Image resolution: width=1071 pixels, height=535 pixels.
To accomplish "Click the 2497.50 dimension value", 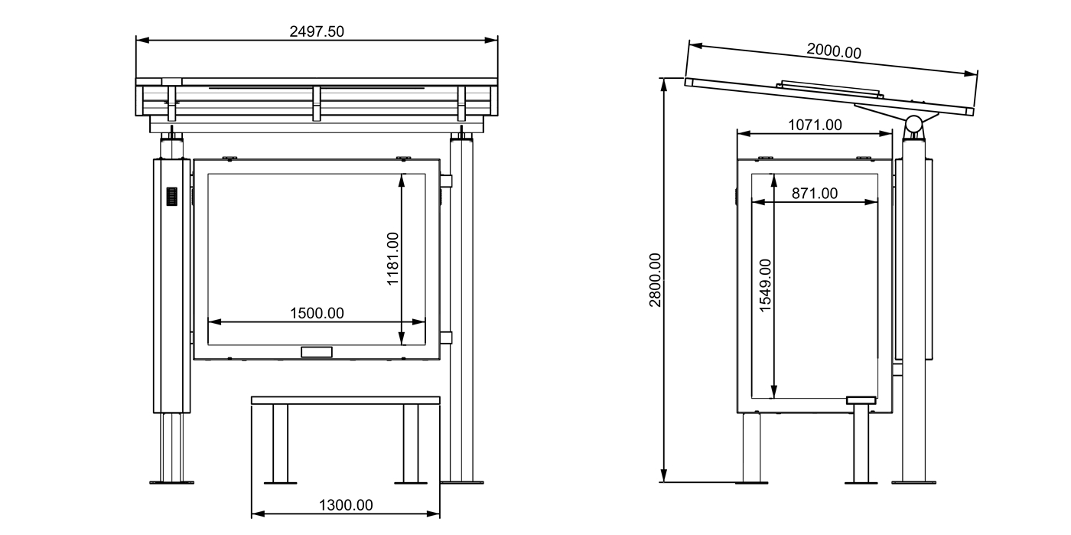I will pos(317,31).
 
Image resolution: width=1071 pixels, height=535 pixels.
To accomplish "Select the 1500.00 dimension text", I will pos(317,312).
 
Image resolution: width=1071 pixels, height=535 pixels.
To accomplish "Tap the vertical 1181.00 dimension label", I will pos(393,259).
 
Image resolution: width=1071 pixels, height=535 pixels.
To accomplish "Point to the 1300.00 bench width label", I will pos(346,504).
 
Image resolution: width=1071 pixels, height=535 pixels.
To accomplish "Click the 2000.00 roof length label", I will pos(834,51).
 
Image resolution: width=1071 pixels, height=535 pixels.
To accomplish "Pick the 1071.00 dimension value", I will pos(815,125).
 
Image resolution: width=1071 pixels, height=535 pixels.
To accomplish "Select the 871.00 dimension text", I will pos(815,194).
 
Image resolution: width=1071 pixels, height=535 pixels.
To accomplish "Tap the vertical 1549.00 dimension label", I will pos(766,284).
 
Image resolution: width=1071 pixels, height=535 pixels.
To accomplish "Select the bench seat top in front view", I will pos(346,400).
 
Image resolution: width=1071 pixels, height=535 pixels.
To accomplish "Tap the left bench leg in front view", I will pos(280,444).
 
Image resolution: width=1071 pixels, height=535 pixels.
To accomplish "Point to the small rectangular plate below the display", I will pos(317,352).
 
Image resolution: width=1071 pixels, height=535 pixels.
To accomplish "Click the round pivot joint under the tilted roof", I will pos(913,124).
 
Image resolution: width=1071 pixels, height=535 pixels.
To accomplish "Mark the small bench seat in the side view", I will pos(861,400).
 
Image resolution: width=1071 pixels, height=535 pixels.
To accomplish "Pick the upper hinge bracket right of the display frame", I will pos(447,181).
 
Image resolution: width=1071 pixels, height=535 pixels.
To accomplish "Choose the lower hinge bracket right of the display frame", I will pos(447,337).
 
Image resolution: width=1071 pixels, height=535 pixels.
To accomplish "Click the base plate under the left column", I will pos(171,482).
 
